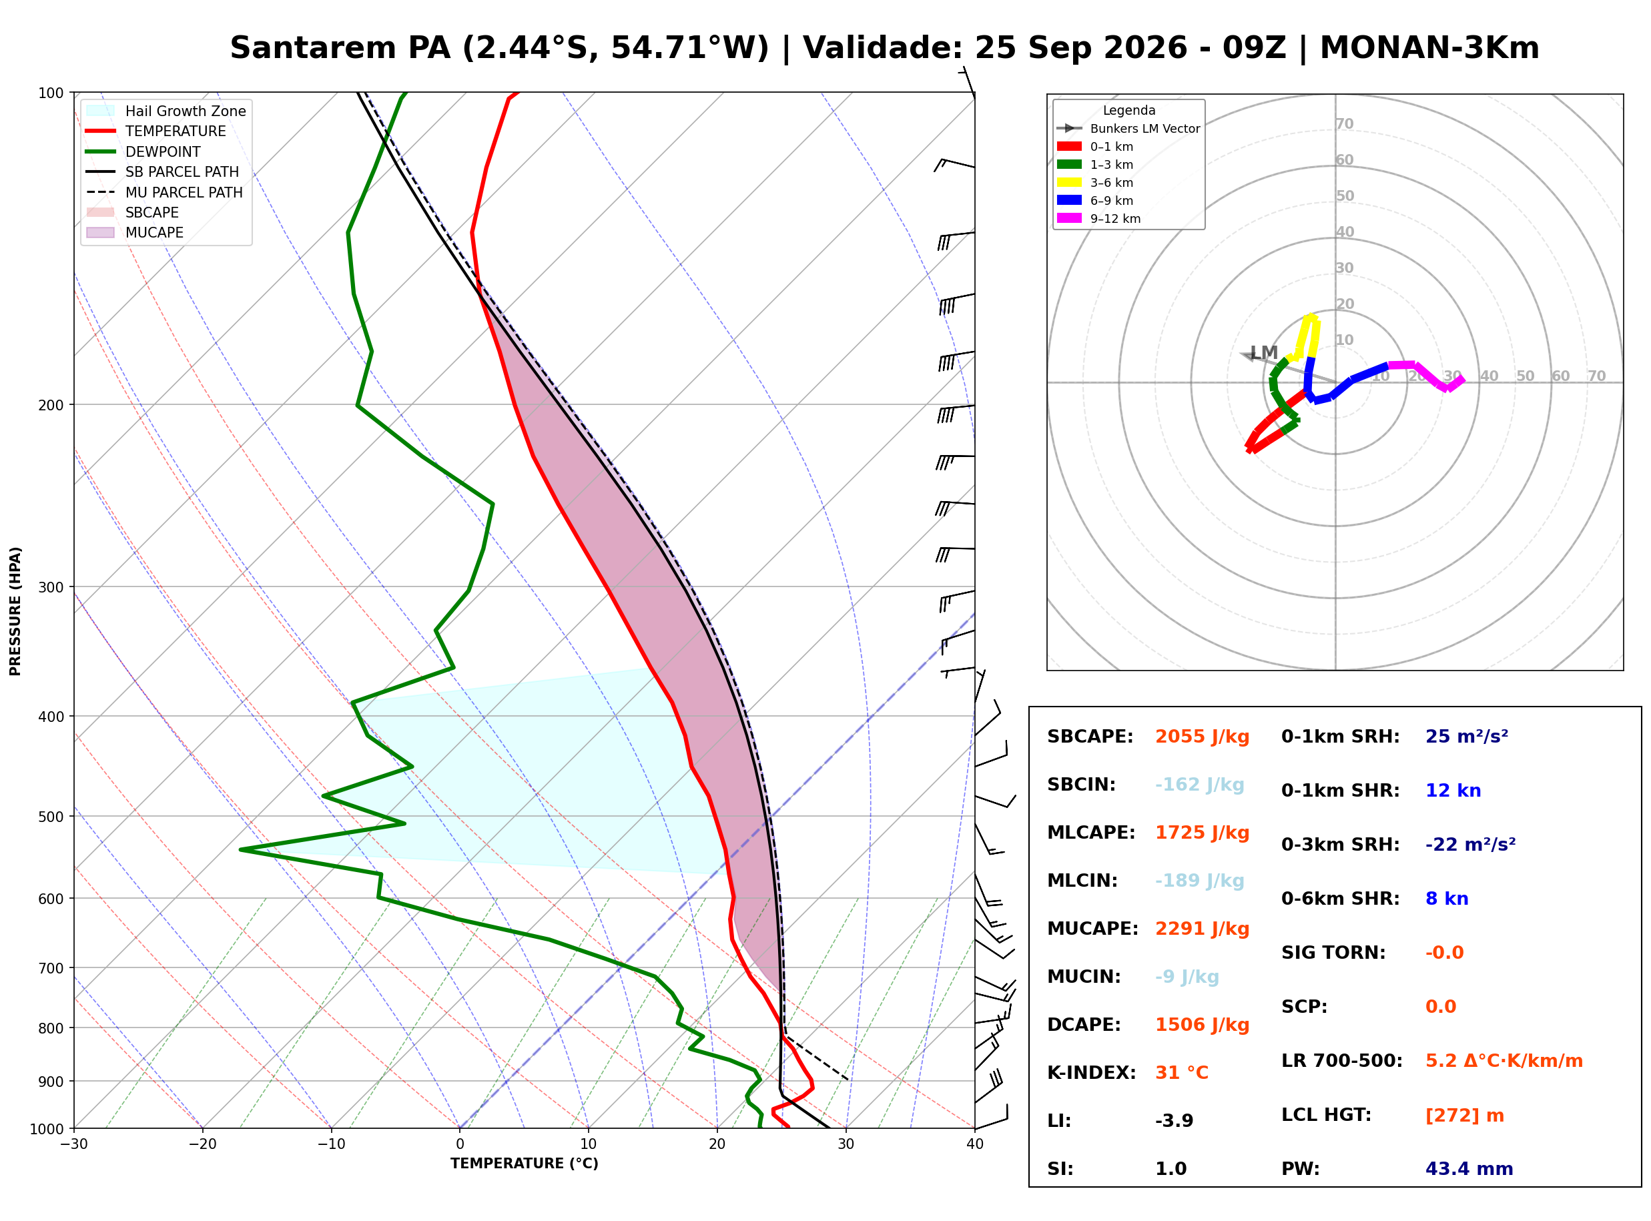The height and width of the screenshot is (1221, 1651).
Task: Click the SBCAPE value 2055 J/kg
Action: coord(1203,737)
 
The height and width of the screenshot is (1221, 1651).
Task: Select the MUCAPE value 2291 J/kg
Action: coord(1203,929)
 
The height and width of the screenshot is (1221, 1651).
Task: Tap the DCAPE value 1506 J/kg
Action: coord(1203,1025)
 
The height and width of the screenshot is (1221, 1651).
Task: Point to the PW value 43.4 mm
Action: coord(1469,1169)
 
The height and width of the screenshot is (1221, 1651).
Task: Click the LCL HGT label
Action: coord(1327,1116)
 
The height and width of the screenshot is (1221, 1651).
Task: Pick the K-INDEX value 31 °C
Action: coord(1182,1073)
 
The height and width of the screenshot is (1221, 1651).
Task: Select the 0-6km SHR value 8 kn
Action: coord(1447,899)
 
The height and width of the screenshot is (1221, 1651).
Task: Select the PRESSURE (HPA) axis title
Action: coord(15,612)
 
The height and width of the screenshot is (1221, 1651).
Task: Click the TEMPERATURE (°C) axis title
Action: coord(525,1164)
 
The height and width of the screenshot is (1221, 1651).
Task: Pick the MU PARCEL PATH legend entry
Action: coord(164,193)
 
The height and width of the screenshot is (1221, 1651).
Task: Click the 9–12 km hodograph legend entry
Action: coord(1099,219)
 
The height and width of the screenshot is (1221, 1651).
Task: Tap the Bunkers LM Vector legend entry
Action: coord(1128,129)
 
